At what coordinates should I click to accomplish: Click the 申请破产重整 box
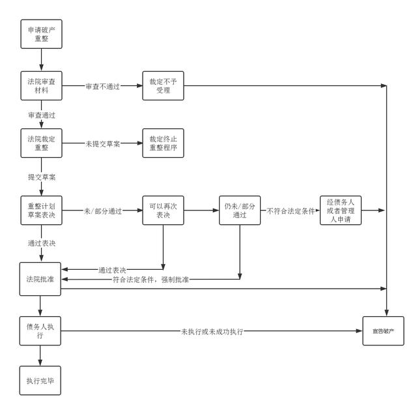click(41, 34)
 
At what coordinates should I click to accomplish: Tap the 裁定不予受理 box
click(163, 85)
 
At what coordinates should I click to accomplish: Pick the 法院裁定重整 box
click(41, 143)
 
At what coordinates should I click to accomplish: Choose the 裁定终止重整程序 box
click(163, 143)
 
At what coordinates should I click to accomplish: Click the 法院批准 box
click(41, 279)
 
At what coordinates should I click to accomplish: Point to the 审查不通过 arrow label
click(104, 86)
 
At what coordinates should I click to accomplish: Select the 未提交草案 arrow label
click(104, 143)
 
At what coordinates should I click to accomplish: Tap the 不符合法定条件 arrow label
click(290, 211)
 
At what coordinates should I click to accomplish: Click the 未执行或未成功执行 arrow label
click(212, 332)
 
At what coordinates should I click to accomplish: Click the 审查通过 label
click(41, 114)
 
